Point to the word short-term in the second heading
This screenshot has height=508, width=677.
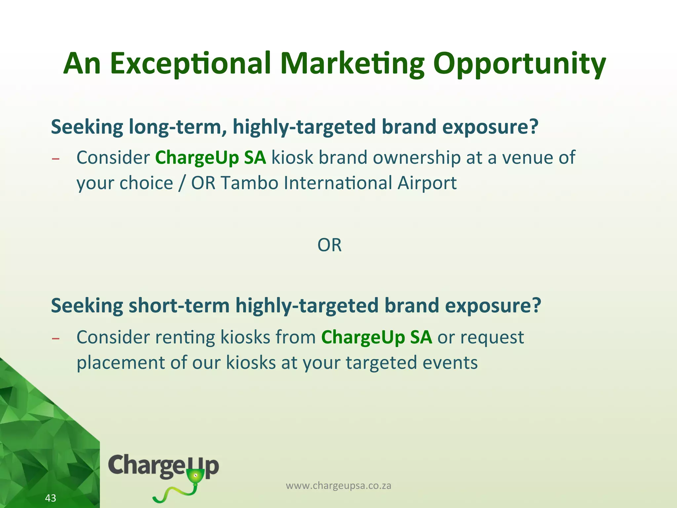[179, 306]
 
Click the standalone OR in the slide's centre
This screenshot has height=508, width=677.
[329, 245]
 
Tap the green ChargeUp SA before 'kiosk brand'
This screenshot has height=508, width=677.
[211, 157]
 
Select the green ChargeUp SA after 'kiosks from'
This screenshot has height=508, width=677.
[377, 337]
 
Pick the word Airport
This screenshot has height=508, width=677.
[427, 183]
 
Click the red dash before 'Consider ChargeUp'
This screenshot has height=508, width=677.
[56, 159]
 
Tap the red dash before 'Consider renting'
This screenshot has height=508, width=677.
[56, 339]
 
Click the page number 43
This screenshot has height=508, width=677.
[51, 498]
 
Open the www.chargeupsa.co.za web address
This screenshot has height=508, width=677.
[338, 486]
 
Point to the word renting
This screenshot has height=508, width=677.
[185, 337]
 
